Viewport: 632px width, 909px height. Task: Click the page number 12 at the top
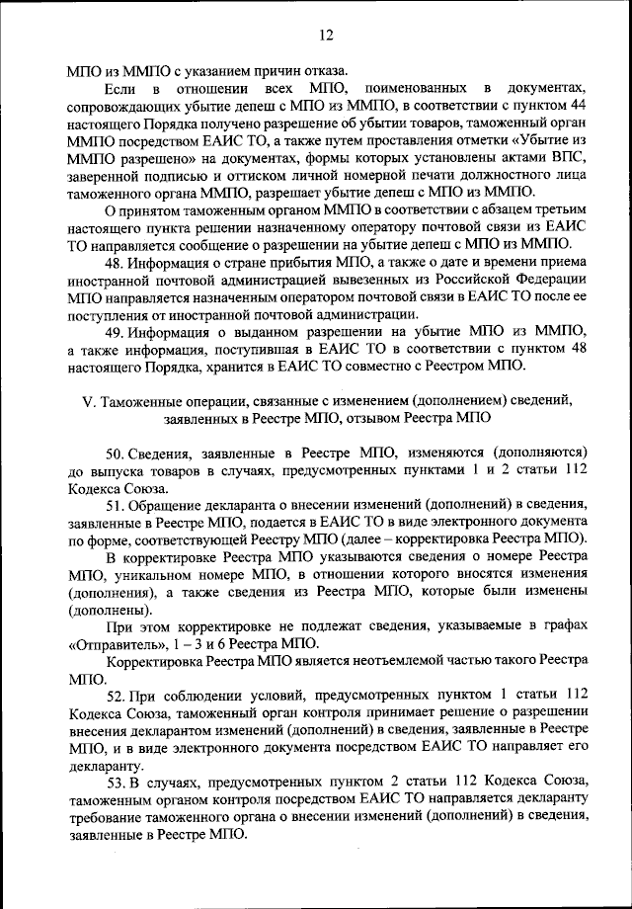325,36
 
